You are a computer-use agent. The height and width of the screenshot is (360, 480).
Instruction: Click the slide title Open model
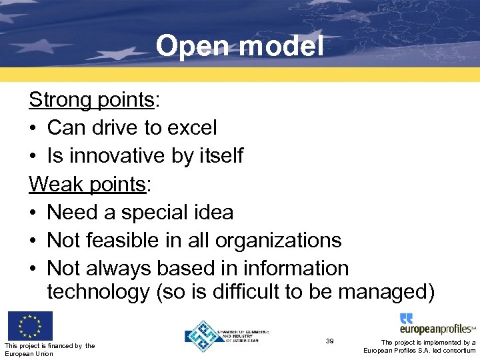[240, 46]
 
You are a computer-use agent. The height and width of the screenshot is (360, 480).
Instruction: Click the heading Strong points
[91, 100]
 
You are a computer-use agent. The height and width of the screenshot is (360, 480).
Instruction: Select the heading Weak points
[87, 184]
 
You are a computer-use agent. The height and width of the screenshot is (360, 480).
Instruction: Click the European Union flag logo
[30, 326]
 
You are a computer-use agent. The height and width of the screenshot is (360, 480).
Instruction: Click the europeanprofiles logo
[437, 324]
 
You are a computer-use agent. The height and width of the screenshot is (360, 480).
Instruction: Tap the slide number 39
[329, 341]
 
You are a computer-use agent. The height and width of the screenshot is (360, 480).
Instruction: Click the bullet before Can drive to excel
[34, 127]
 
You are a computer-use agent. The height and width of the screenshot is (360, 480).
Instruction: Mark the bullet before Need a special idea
[34, 212]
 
